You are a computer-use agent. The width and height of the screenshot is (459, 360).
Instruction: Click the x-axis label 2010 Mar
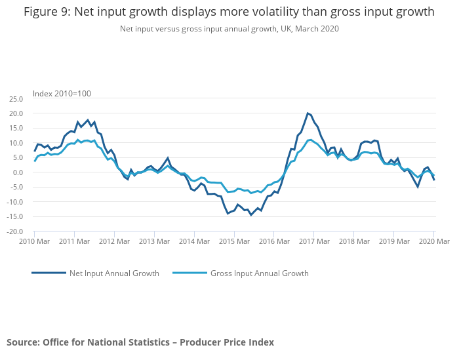[x=35, y=242]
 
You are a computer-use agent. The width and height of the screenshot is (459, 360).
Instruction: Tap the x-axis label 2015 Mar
[x=235, y=242]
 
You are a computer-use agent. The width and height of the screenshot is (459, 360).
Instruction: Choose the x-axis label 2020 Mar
[x=434, y=242]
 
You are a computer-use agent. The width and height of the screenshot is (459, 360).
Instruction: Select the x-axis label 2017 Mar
[x=315, y=242]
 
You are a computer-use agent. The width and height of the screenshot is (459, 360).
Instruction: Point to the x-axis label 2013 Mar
[x=155, y=242]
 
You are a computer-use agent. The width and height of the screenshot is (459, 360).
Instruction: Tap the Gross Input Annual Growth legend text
[x=259, y=273]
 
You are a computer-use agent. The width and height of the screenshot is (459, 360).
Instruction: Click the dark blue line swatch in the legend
[x=49, y=273]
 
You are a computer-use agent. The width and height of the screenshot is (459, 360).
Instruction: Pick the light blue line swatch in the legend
[x=190, y=273]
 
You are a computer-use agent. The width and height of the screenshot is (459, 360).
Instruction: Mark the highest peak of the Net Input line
[x=308, y=113]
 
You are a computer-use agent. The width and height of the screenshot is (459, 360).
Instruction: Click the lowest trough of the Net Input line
[x=250, y=215]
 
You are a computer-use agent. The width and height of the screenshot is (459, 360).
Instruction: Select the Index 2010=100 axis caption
[x=62, y=93]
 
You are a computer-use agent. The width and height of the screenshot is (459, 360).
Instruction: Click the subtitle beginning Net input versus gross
[x=229, y=29]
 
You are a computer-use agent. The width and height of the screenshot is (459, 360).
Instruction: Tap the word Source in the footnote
[x=22, y=342]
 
